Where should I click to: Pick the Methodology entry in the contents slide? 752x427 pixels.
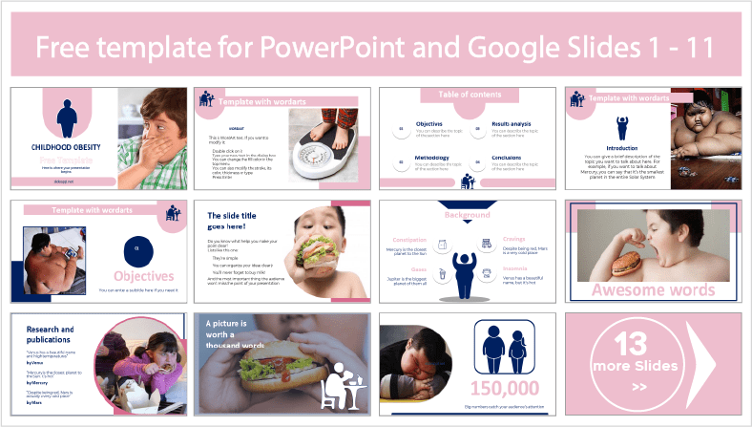431,158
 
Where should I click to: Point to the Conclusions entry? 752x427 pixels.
507,158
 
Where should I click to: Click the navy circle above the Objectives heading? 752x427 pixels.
137,248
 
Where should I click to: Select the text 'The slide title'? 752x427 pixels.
234,217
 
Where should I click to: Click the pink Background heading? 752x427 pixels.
468,218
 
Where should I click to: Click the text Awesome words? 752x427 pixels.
653,290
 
